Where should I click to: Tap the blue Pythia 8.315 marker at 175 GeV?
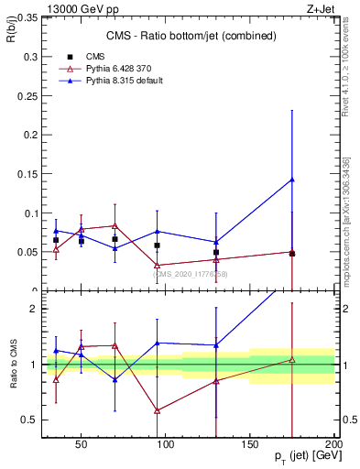[292, 180]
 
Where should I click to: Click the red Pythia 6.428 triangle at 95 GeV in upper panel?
[158, 266]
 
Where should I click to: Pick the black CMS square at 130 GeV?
[216, 252]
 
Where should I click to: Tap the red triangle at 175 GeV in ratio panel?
[292, 360]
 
